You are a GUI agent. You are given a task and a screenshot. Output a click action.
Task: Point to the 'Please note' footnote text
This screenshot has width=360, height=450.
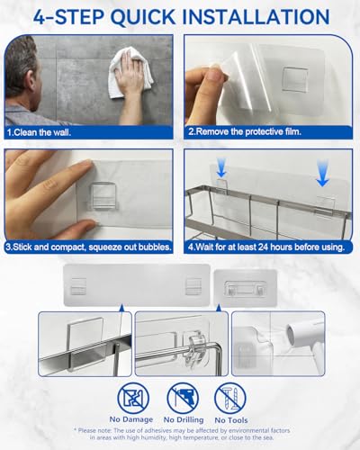(180, 436)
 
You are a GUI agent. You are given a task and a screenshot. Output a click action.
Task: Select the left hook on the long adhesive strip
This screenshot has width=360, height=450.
(79, 285)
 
